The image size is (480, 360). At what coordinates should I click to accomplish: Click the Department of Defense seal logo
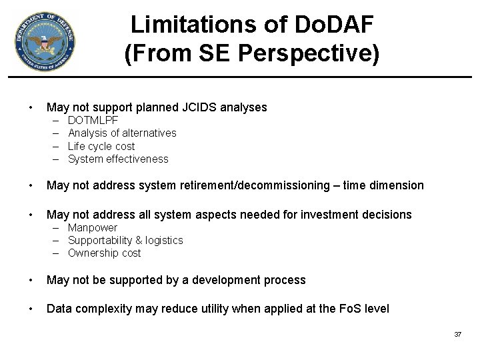pos(44,43)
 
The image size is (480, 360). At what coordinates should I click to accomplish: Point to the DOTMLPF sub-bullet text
pos(93,121)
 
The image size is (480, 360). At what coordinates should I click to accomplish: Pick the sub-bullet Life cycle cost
pos(101,146)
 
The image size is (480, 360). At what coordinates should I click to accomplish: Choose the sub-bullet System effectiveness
pos(118,159)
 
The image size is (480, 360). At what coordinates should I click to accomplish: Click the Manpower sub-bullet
pos(93,227)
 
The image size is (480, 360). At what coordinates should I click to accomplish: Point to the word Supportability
pos(99,240)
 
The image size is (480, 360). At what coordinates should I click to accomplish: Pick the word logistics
pos(165,240)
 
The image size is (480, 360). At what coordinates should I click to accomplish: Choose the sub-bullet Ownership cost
pos(105,253)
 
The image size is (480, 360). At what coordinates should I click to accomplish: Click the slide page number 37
pos(457,334)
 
